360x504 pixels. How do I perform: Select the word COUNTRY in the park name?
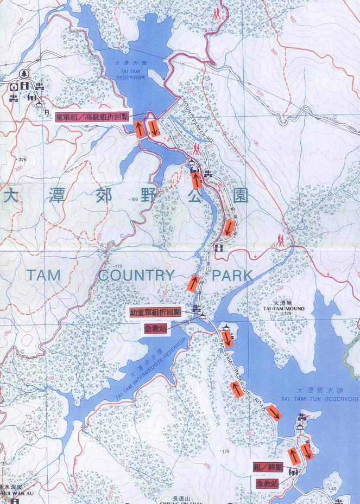coord(137,275)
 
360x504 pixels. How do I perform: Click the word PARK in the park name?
coord(232,275)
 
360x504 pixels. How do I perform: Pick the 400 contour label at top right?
coord(293,20)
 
